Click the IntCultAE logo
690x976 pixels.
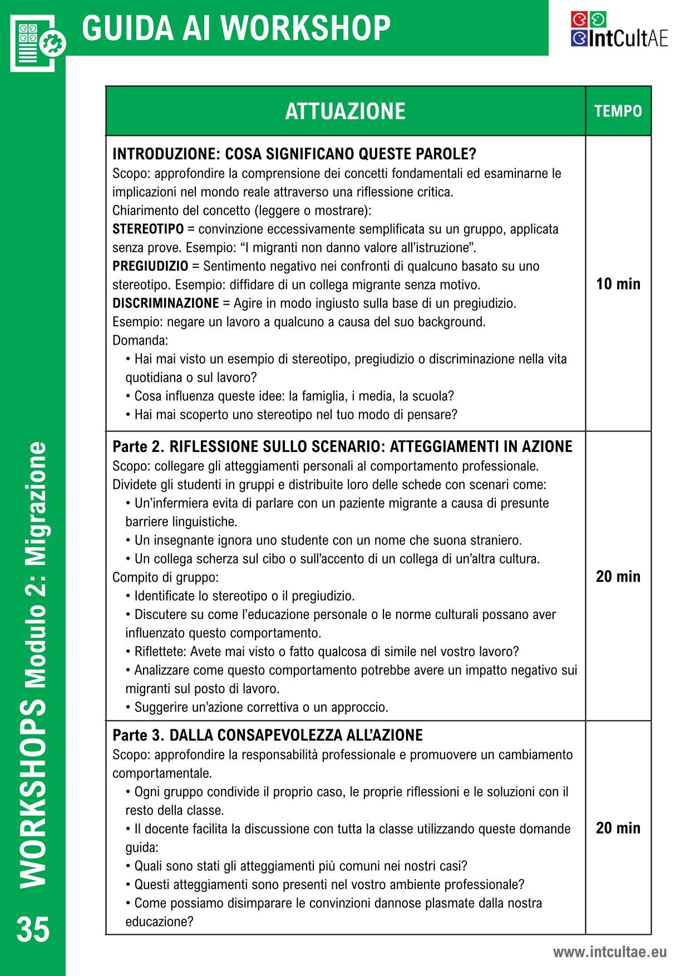click(x=619, y=30)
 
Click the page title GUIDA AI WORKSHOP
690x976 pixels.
click(x=236, y=28)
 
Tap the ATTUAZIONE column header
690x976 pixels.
click(x=345, y=111)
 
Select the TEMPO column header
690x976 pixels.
click(x=618, y=111)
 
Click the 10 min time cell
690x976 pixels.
click(x=618, y=284)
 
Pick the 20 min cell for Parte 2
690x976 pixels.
click(x=618, y=576)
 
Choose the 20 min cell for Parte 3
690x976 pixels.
click(x=618, y=828)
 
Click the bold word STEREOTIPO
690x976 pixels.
click(x=148, y=229)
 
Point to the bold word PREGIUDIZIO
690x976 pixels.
click(x=150, y=266)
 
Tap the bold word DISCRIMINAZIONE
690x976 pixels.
click(x=166, y=303)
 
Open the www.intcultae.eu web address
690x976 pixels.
click(x=609, y=952)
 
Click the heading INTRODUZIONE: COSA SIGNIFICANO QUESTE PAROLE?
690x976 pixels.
click(x=294, y=154)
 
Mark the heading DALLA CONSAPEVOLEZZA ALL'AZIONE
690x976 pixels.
click(x=296, y=735)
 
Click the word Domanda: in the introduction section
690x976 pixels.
click(x=140, y=340)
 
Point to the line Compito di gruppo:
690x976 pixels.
click(x=165, y=577)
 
